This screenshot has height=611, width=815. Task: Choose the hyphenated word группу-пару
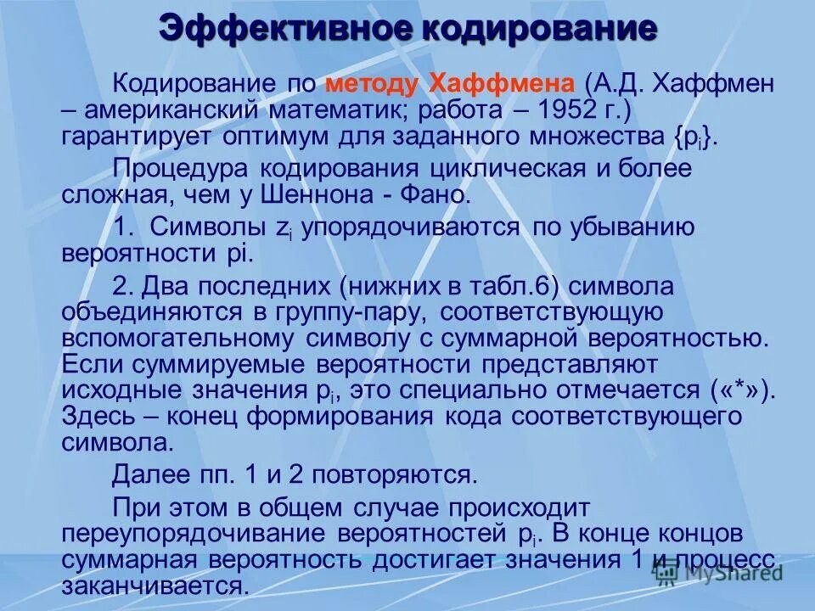pyautogui.click(x=351, y=311)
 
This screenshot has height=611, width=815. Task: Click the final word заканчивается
pyautogui.click(x=155, y=586)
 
